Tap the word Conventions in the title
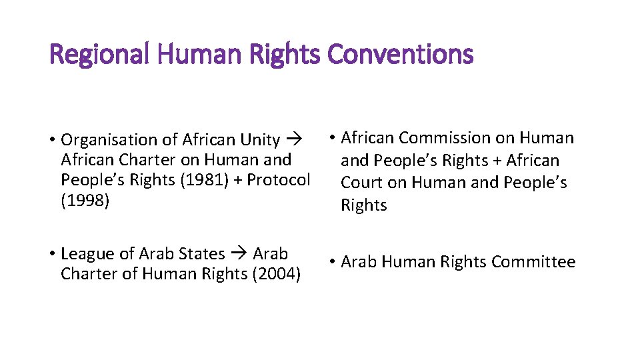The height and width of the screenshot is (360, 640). click(400, 54)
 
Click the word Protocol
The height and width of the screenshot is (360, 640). click(279, 180)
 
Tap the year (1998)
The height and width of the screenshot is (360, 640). click(85, 200)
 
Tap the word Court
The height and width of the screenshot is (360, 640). click(361, 183)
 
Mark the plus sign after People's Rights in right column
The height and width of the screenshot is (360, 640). click(496, 161)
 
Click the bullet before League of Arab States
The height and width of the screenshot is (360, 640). click(51, 254)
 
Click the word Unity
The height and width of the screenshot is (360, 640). click(260, 140)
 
